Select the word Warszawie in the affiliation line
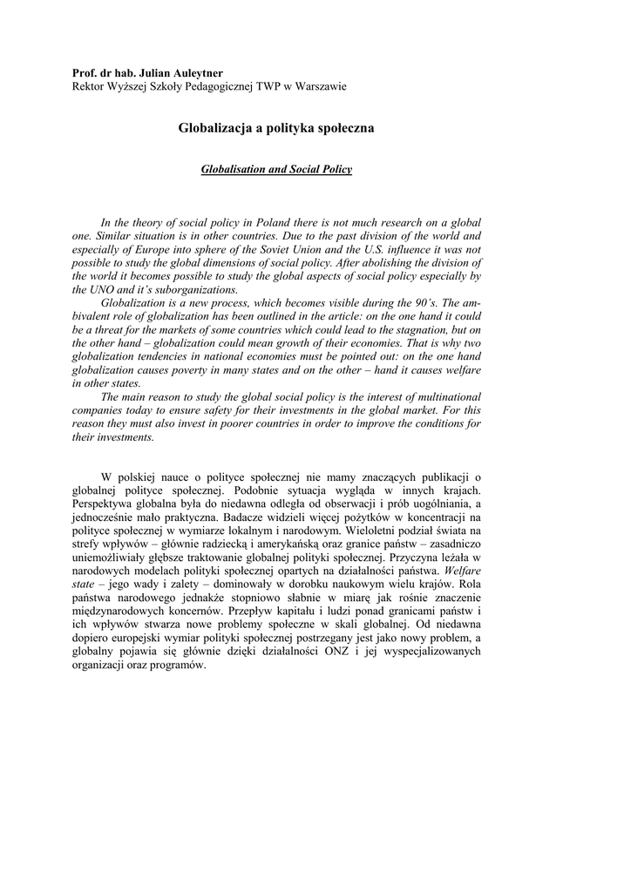point(318,86)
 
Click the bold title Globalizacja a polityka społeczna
point(276,129)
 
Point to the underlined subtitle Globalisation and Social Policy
point(276,170)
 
